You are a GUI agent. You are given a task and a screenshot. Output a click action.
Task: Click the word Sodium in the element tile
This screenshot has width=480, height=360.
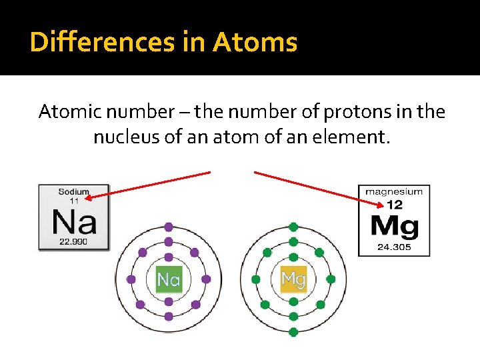[73, 192]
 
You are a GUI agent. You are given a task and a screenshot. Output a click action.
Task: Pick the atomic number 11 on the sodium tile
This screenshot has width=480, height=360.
[74, 200]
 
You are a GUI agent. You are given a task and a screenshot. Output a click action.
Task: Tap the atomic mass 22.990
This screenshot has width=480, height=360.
[73, 241]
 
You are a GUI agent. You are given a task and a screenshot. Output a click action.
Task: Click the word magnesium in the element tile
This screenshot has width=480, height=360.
[394, 191]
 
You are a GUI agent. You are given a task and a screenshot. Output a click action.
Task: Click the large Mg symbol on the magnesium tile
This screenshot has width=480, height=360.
[394, 227]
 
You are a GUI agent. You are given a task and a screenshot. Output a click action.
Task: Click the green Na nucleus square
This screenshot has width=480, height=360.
[169, 279]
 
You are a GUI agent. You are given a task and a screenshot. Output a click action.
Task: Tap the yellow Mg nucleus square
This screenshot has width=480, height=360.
[293, 279]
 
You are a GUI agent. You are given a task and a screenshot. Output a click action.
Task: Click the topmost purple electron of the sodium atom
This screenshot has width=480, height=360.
[169, 227]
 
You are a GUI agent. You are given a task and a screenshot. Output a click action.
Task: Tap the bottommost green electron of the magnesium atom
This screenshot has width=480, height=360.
[293, 331]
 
